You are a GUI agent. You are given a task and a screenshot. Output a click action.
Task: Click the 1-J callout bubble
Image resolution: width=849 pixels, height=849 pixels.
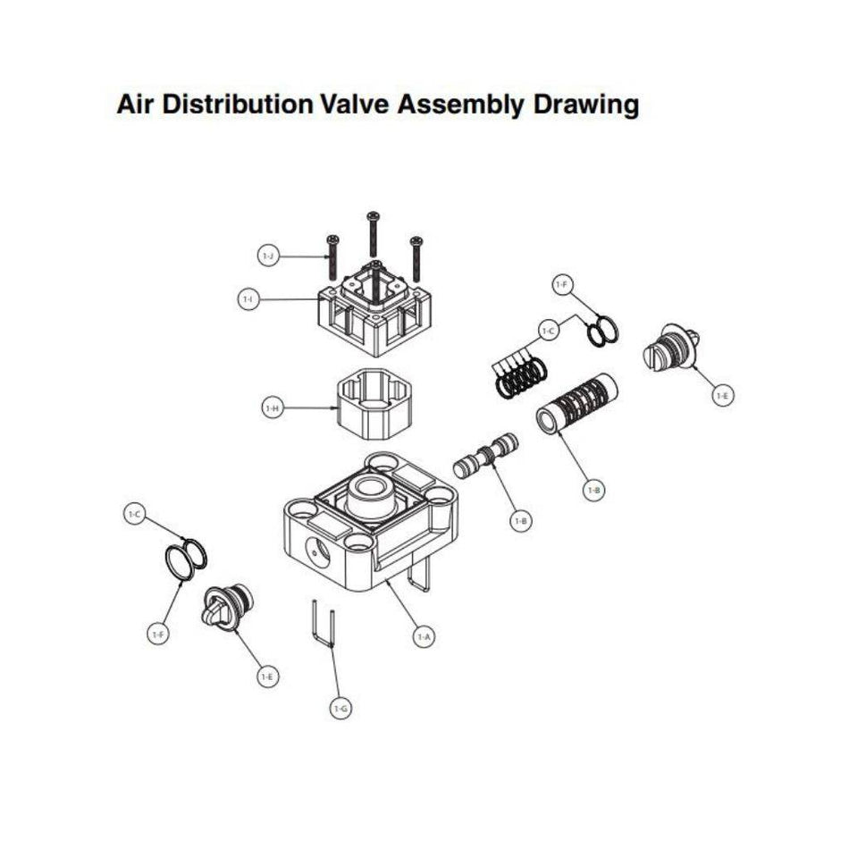pos(266,256)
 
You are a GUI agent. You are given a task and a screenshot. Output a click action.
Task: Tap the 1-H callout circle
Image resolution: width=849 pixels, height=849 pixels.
pos(273,408)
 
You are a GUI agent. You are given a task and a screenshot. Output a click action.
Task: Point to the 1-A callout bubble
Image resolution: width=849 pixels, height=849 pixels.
pos(424,637)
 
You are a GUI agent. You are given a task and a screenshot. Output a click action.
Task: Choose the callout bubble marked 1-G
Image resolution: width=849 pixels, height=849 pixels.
pos(340,710)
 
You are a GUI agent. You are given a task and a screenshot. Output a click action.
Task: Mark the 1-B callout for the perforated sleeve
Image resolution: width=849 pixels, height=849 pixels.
pos(593,490)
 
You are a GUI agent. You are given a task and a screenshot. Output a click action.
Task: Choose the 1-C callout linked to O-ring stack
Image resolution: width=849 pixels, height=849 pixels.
pos(548,331)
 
